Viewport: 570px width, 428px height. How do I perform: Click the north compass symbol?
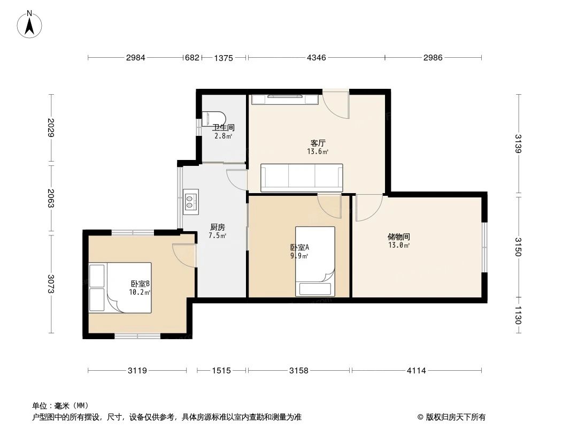click(31, 24)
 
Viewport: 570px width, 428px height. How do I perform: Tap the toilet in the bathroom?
click(215, 118)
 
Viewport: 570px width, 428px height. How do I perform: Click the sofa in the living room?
click(302, 178)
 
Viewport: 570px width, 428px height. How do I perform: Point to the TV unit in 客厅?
click(285, 100)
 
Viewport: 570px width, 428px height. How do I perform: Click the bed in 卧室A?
click(315, 261)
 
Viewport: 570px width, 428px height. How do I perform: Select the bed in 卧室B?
click(121, 287)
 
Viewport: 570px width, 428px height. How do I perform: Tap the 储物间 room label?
click(399, 236)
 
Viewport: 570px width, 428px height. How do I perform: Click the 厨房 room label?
click(218, 227)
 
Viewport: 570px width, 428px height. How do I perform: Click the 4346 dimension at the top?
click(316, 58)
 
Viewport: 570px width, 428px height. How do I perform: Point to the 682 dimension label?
click(191, 58)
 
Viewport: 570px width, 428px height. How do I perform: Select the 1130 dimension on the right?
click(518, 320)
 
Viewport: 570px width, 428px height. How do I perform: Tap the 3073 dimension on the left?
click(51, 284)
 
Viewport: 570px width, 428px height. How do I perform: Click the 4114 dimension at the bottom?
click(416, 370)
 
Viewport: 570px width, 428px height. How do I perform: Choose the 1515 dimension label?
click(221, 370)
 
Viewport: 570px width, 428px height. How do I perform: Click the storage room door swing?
click(368, 208)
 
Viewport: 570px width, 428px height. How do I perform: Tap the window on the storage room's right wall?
click(484, 248)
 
